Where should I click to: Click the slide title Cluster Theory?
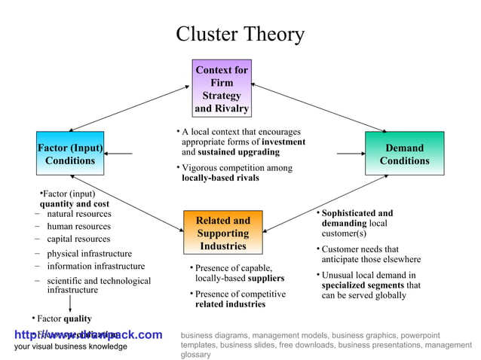[x=240, y=35]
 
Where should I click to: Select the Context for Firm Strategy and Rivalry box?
[x=222, y=89]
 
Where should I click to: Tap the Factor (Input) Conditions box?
[x=70, y=154]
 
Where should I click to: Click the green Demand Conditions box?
[x=404, y=154]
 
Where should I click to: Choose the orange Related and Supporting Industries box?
[x=223, y=233]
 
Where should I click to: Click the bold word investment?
[x=283, y=142]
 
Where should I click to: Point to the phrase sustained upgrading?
[x=237, y=151]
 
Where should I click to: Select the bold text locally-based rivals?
[x=220, y=178]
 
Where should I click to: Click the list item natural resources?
[x=78, y=214]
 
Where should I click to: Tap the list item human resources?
[x=78, y=226]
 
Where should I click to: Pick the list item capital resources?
[x=78, y=239]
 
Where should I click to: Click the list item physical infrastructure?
[x=89, y=254]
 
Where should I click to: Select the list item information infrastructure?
[x=96, y=266]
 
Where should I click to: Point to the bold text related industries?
[x=230, y=304]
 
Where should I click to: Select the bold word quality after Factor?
[x=78, y=319]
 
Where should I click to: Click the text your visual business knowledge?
[x=71, y=346]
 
